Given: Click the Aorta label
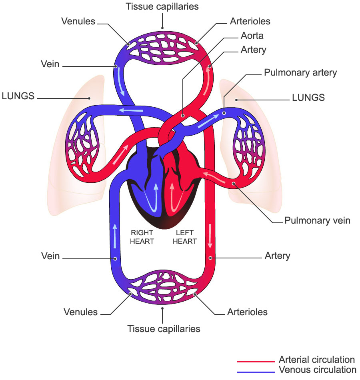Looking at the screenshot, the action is [x=252, y=36].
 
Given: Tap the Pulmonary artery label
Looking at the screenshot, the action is [x=300, y=72].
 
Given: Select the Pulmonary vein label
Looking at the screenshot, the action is [x=317, y=220].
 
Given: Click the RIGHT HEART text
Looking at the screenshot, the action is [x=142, y=237].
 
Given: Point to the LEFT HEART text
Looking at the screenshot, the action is [x=185, y=237].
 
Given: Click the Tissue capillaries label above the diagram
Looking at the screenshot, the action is [x=162, y=6].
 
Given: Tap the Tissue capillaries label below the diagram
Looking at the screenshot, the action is [x=164, y=329].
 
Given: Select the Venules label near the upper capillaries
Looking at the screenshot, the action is [x=78, y=21].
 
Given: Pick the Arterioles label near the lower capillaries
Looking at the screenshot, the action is [x=247, y=312].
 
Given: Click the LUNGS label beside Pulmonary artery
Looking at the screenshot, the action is [x=308, y=98].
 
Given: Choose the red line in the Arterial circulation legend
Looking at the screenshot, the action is [x=256, y=362].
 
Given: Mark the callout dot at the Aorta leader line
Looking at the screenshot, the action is [x=183, y=116].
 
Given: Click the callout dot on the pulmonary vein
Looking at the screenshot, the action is [x=234, y=184].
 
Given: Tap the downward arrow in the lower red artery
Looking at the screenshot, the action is [x=210, y=236].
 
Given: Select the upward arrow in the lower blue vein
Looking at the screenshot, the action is [x=115, y=236].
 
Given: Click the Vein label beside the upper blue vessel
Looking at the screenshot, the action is [x=50, y=64].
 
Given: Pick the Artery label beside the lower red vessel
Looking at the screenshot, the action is [x=277, y=256].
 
